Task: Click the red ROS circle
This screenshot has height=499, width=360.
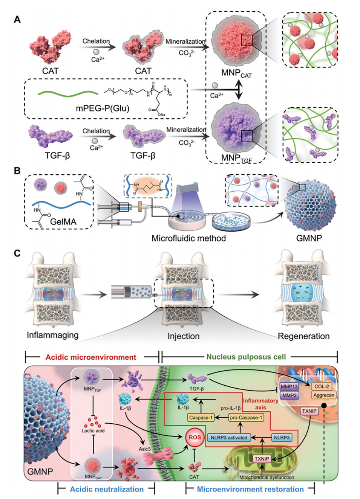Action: tap(195, 437)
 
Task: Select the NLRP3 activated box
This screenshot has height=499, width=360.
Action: tap(229, 438)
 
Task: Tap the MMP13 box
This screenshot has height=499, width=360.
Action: tap(289, 386)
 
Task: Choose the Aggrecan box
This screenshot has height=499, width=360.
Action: tap(323, 395)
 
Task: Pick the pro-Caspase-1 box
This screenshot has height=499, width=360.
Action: tap(246, 418)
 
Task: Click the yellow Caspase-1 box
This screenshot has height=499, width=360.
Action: tap(201, 418)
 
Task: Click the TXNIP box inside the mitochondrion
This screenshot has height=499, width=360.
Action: tap(262, 459)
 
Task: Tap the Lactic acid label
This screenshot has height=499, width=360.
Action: tap(93, 430)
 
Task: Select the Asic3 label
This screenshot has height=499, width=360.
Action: tap(144, 449)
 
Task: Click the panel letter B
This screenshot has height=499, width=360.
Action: tap(17, 171)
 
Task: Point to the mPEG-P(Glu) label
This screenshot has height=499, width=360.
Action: tap(103, 108)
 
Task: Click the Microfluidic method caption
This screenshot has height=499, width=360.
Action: tap(188, 238)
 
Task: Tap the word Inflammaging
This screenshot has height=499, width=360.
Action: tap(52, 335)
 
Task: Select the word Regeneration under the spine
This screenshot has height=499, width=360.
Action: tap(303, 336)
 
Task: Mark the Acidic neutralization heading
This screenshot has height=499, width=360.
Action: tap(107, 489)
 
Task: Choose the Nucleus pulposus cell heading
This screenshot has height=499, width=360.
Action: tap(246, 357)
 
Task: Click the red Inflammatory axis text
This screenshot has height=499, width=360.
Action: tap(260, 404)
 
